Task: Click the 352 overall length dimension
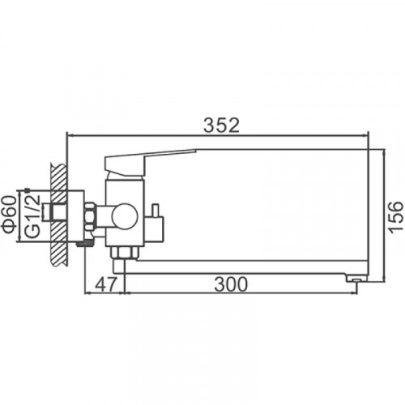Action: pos(221,126)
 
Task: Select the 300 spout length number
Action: pos(231,284)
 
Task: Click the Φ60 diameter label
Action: pos(9,214)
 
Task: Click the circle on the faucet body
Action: pos(125,215)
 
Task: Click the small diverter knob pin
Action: pos(156,211)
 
